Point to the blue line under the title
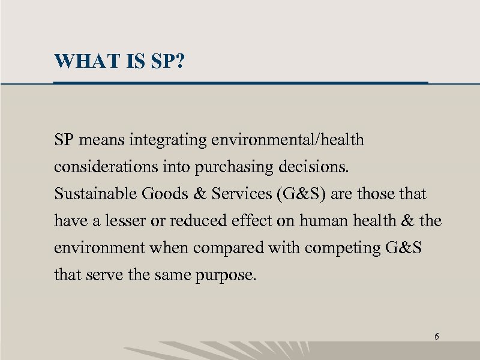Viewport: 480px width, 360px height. click(240, 81)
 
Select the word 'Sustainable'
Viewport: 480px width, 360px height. click(95, 194)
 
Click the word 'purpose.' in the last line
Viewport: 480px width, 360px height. click(230, 275)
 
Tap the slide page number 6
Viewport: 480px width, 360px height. click(436, 337)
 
